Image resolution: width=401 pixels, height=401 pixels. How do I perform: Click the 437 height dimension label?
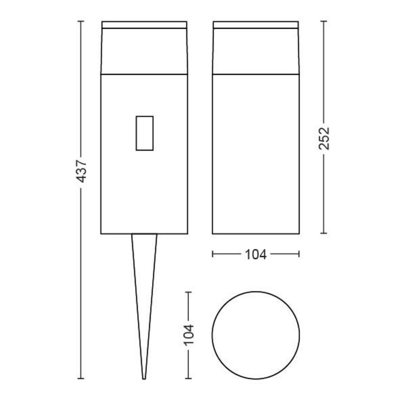[82, 172]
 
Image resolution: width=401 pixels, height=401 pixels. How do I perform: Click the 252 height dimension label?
[324, 138]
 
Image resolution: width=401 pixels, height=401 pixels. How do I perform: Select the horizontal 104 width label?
[255, 254]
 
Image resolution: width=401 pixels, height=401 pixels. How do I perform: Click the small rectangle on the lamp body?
[144, 133]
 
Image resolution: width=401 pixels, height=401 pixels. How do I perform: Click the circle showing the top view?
[256, 335]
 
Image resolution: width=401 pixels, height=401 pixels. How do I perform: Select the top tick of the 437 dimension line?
[82, 21]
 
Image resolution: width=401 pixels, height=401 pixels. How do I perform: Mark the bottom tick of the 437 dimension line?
[82, 378]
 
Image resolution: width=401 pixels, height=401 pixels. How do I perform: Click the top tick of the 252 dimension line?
[324, 21]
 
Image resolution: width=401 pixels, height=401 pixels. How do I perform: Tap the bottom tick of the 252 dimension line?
[324, 233]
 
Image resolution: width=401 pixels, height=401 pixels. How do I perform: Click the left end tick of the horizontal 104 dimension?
[213, 254]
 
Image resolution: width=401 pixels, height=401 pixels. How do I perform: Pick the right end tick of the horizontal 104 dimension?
[299, 254]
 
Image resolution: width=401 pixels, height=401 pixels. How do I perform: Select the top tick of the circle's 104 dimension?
[188, 292]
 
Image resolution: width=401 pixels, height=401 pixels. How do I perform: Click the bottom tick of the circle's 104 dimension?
[188, 378]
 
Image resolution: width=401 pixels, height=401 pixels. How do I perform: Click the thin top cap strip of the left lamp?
[144, 25]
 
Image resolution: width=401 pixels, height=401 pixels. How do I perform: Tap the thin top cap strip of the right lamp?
[256, 25]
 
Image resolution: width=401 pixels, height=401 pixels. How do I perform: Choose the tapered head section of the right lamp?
[256, 51]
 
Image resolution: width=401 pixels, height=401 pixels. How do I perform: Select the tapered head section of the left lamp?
[144, 51]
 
